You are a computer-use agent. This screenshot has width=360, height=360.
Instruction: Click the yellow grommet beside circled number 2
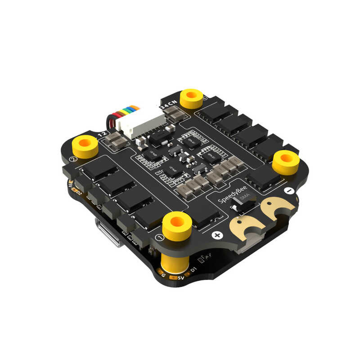click(x=85, y=145)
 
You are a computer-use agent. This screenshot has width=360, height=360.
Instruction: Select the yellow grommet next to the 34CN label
click(x=192, y=98)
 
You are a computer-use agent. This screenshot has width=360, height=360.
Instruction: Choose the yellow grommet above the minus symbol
click(x=285, y=162)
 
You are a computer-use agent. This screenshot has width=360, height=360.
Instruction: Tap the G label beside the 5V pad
click(x=163, y=275)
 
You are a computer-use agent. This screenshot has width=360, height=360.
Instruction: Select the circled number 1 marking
click(x=158, y=237)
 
